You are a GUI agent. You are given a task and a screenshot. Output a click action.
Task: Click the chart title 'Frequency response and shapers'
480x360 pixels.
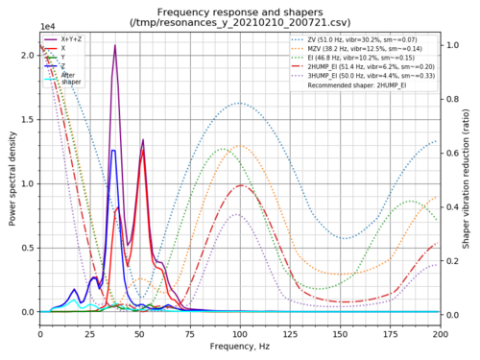pos(240,9)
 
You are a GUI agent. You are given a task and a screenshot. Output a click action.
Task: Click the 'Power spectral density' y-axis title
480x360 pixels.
pos(12,177)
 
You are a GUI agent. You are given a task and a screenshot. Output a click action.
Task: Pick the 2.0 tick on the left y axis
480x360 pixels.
pos(30,55)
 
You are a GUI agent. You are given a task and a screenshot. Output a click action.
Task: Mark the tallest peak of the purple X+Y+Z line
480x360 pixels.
pos(115,45)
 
